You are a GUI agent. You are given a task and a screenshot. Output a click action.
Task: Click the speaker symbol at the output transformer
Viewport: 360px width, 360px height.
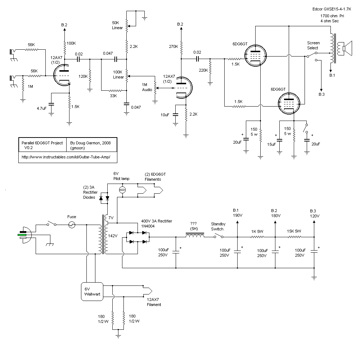tap(347, 48)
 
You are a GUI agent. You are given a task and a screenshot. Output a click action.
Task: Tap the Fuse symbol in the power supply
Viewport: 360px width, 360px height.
tap(72, 225)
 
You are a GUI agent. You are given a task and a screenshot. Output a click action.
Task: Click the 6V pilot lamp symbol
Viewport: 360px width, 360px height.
tap(122, 190)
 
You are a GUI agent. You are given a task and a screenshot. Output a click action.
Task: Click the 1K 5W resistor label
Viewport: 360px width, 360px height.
tap(257, 231)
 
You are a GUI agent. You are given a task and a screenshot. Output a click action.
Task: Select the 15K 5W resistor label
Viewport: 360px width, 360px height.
tap(294, 231)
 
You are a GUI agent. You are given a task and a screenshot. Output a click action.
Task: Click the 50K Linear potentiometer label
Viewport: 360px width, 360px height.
tap(117, 25)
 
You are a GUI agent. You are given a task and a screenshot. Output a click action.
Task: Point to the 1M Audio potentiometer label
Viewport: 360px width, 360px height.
tap(146, 86)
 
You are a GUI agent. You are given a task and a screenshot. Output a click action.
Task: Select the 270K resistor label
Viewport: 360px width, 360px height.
tap(174, 46)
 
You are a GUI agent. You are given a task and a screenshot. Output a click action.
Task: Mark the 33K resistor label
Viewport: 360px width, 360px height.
tap(113, 96)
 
